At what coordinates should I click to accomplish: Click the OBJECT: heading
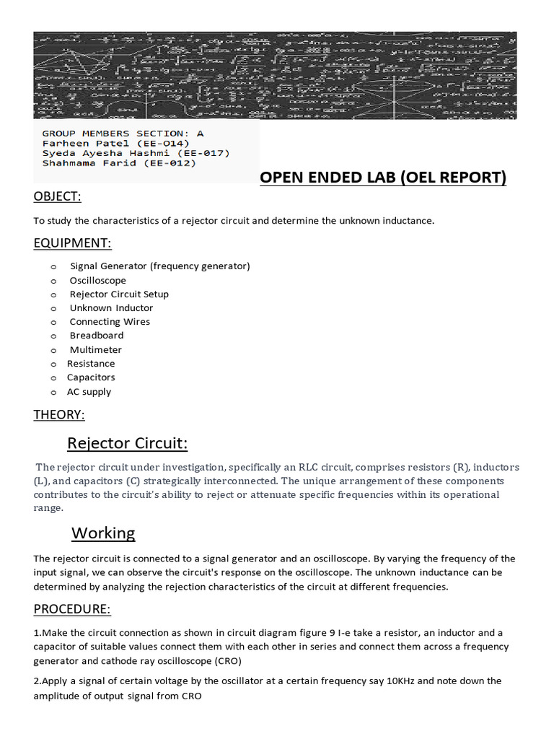tap(57, 197)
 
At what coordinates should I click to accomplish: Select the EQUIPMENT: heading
tap(72, 243)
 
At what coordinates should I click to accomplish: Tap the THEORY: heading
tap(59, 414)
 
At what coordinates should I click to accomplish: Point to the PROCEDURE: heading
tap(72, 609)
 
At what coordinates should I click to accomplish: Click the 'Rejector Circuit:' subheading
tap(127, 442)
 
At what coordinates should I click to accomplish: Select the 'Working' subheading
tap(103, 533)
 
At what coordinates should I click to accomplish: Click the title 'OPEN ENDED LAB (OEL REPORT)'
tap(383, 178)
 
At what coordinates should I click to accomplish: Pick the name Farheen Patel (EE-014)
tap(115, 143)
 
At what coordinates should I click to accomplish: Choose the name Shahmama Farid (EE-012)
tap(119, 163)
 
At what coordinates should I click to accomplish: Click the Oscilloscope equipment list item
tap(97, 280)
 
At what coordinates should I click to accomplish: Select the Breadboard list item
tap(96, 336)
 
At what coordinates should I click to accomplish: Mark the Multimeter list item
tap(95, 350)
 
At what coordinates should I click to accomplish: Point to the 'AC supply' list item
tap(89, 392)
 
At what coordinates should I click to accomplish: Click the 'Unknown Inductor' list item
tap(111, 308)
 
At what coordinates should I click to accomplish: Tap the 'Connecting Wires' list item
tap(110, 322)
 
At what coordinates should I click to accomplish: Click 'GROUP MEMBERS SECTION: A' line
tap(123, 134)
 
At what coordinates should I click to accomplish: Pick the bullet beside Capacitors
tap(53, 378)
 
